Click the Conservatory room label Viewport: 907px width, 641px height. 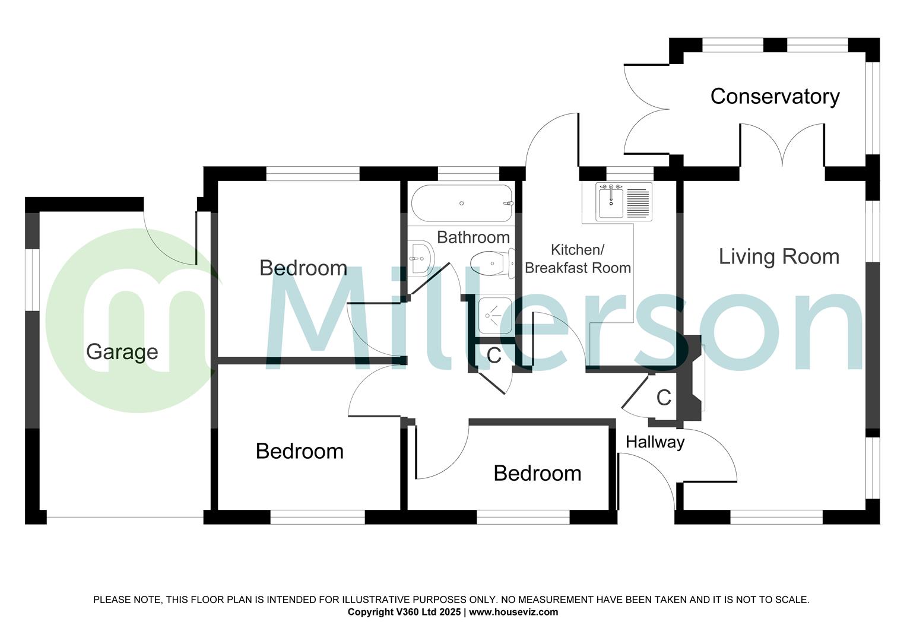[775, 96]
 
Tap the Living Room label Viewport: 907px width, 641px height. [779, 256]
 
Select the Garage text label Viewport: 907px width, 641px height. [122, 351]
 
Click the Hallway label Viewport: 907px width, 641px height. [655, 442]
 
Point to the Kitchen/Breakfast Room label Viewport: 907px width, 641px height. [578, 259]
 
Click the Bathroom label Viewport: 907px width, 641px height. [473, 237]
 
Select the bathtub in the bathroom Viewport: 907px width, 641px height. [461, 204]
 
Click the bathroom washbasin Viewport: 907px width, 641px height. [420, 258]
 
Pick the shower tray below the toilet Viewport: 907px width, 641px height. [494, 316]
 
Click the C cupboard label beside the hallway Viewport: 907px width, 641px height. [664, 398]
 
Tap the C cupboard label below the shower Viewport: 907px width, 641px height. [493, 356]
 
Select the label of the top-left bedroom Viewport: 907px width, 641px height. [303, 268]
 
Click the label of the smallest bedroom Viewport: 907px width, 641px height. [537, 473]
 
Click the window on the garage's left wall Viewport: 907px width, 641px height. [31, 279]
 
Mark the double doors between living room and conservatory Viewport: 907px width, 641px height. [782, 145]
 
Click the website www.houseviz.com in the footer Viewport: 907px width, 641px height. [513, 612]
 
